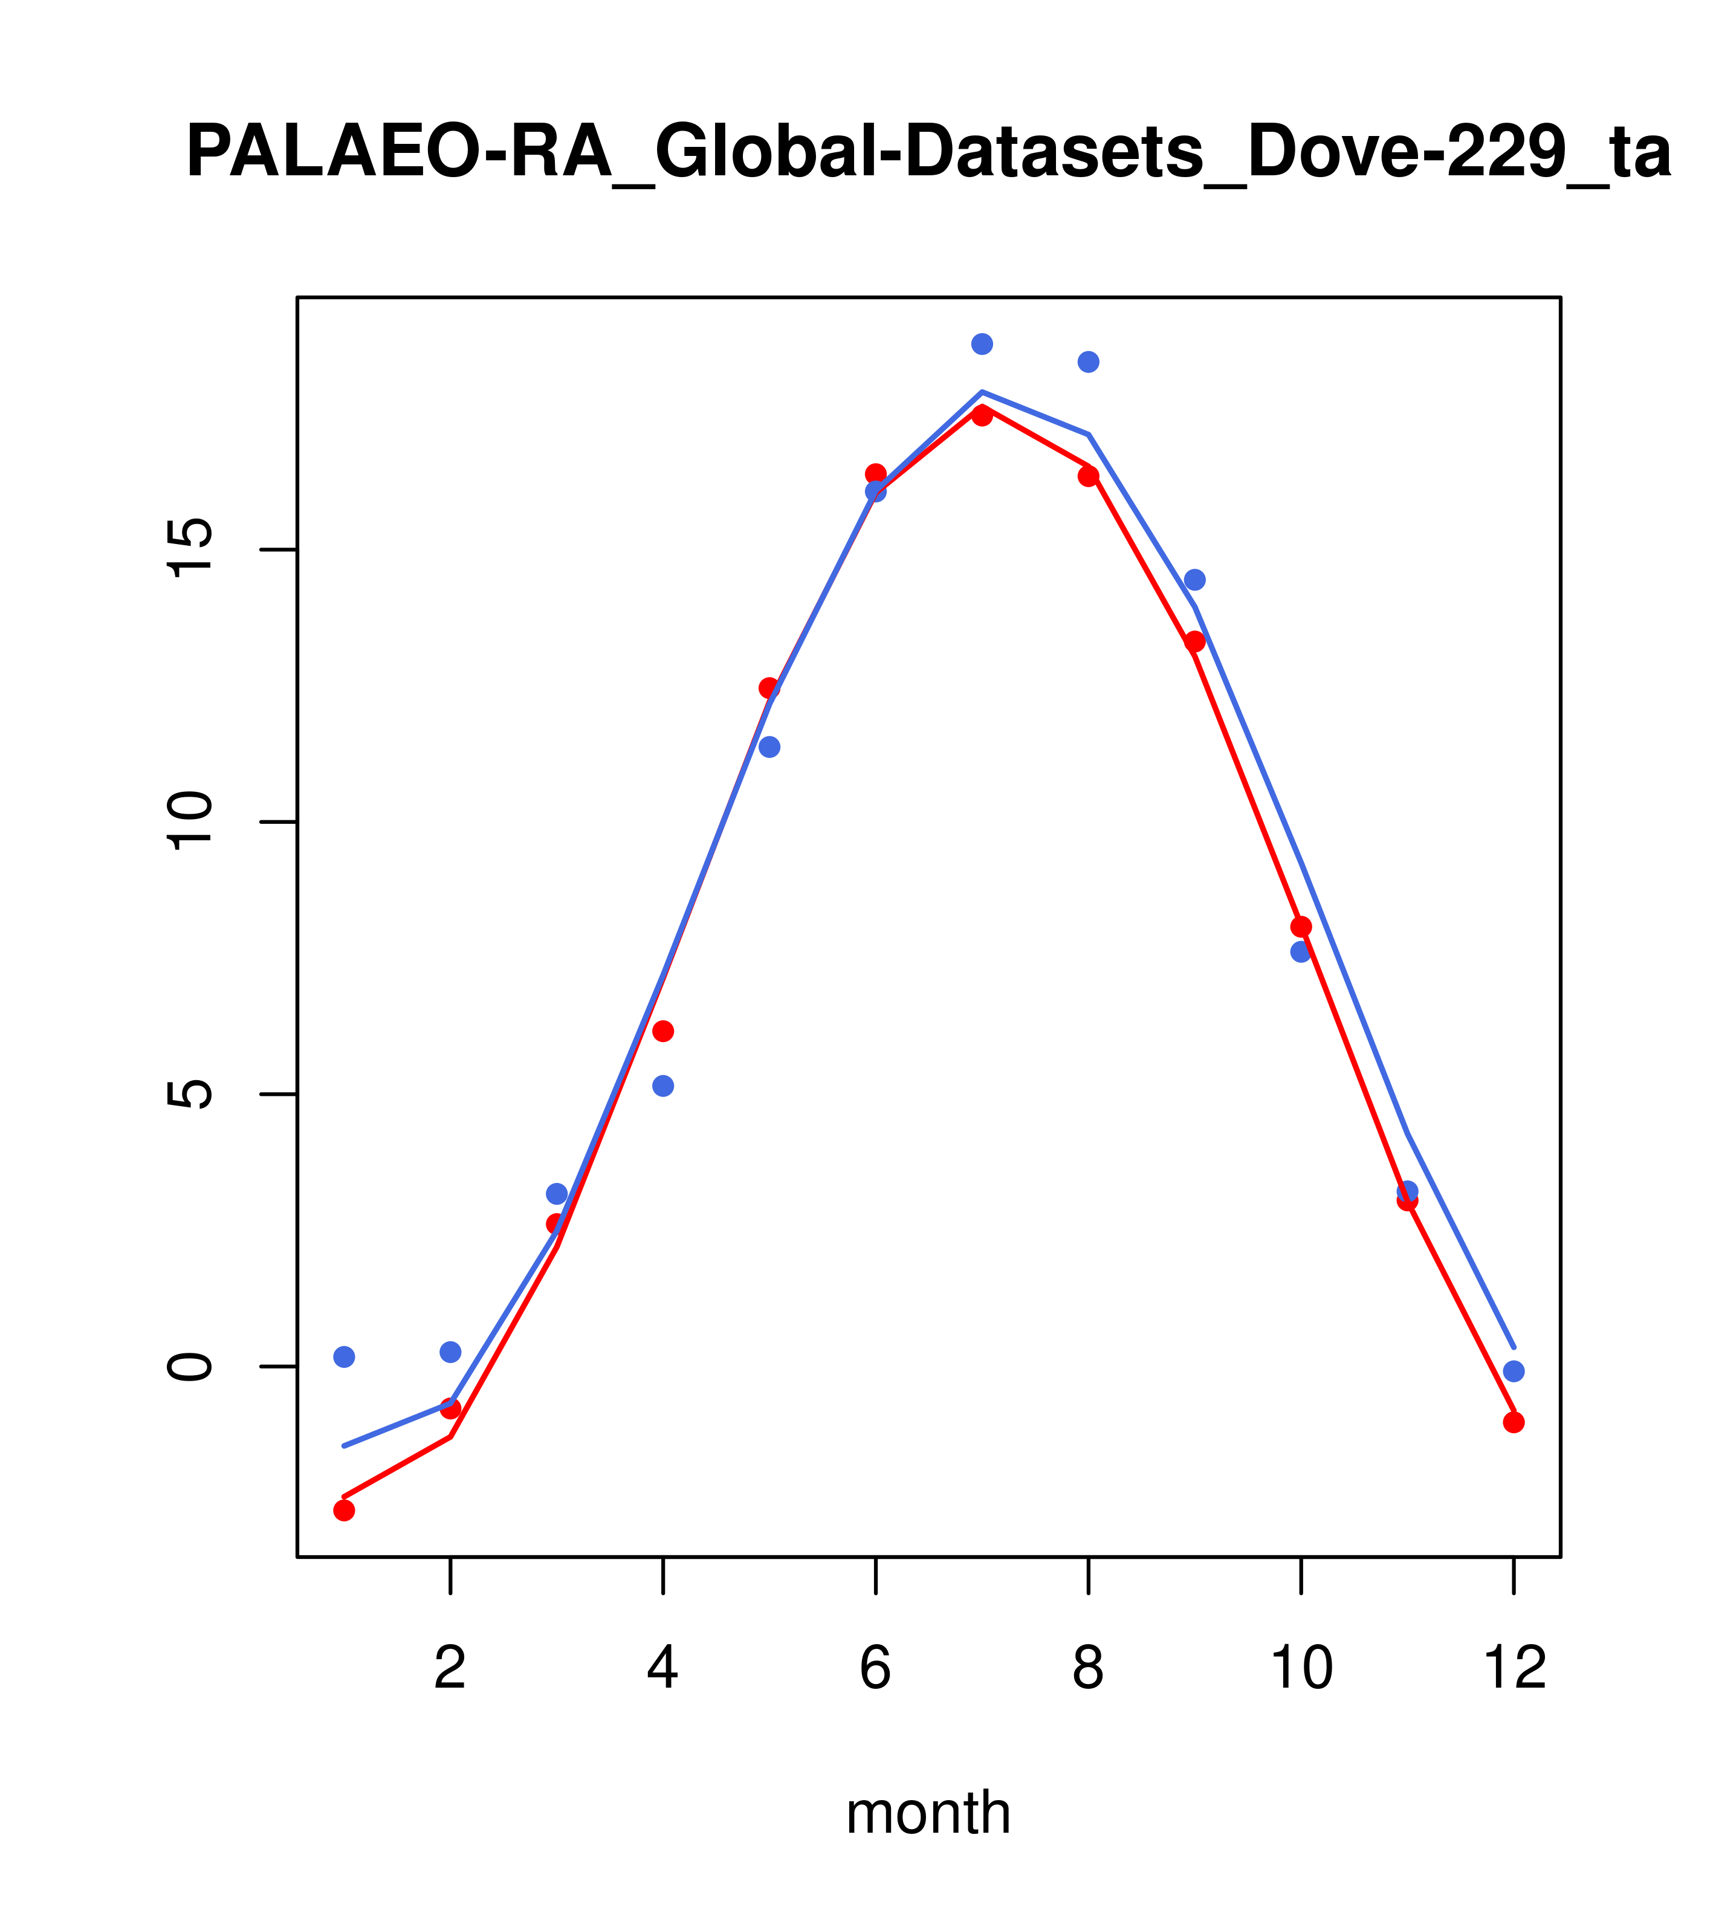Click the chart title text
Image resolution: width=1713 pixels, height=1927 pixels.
[x=928, y=153]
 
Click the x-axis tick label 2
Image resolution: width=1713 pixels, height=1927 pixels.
[x=451, y=1669]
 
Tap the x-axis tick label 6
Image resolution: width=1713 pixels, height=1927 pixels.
[x=876, y=1669]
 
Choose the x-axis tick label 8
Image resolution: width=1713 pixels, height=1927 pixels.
[x=1088, y=1669]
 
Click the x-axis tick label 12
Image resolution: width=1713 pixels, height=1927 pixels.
[x=1514, y=1669]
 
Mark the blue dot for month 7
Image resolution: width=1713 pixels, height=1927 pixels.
[x=982, y=344]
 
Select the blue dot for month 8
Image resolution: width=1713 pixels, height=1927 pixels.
[x=1088, y=362]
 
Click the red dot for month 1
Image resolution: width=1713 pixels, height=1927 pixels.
[x=344, y=1511]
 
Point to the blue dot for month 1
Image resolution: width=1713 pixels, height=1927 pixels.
[x=344, y=1356]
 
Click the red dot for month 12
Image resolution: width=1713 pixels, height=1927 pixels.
[x=1514, y=1423]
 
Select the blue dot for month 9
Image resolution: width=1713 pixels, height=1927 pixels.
[x=1194, y=580]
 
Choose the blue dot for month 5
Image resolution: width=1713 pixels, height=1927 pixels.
[x=769, y=748]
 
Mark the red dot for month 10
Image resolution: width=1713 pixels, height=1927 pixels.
[x=1301, y=927]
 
